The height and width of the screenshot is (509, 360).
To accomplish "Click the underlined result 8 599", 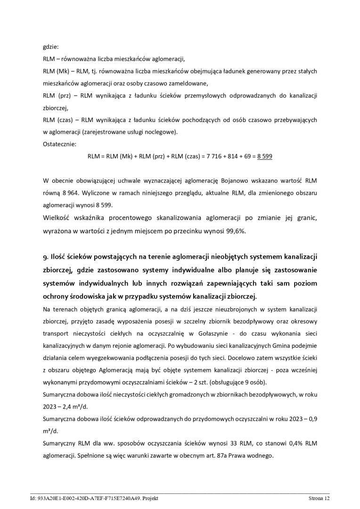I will tap(264, 156).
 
